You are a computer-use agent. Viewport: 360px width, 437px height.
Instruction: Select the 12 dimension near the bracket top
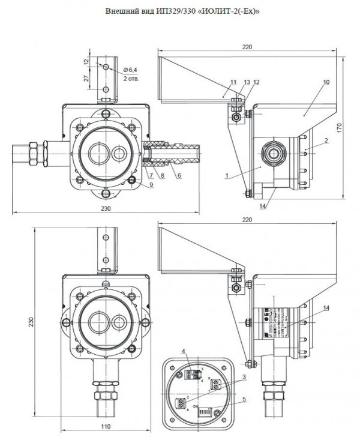click(x=86, y=62)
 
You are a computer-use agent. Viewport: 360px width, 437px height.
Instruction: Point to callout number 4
click(x=185, y=351)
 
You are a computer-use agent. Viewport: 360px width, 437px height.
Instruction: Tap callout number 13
click(x=247, y=81)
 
